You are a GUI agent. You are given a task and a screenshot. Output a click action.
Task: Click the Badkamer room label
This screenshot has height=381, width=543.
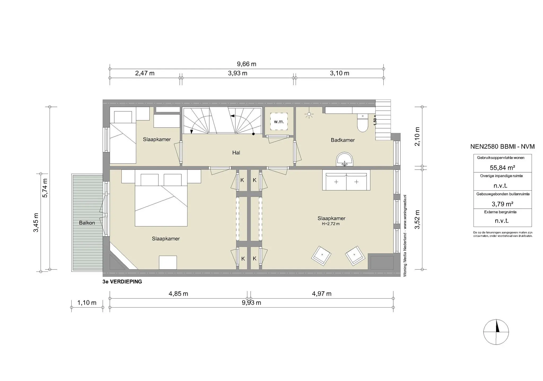coord(343,140)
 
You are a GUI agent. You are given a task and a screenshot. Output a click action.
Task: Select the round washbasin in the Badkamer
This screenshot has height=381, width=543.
coord(344,160)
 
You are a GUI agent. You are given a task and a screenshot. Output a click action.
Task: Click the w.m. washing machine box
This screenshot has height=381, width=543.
coord(279,121)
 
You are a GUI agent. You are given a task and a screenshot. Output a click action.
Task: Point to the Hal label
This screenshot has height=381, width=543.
coord(236,152)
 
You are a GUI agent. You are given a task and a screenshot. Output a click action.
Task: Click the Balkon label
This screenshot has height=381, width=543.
coord(87,223)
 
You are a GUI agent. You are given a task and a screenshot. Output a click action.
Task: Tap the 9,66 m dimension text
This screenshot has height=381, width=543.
coord(246,64)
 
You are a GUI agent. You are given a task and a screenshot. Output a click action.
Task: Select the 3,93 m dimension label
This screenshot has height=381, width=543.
coord(238,73)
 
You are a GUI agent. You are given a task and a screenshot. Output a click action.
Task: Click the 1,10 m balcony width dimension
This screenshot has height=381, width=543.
coord(87,303)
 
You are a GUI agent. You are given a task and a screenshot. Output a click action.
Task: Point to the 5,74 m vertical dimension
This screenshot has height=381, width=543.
coord(45,188)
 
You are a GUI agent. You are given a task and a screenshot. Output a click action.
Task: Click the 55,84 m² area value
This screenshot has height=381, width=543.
coord(502,168)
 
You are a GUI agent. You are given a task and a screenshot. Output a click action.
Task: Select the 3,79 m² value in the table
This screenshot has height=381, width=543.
coord(502,204)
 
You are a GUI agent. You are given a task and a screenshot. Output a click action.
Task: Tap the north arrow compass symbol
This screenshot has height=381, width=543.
coord(496,332)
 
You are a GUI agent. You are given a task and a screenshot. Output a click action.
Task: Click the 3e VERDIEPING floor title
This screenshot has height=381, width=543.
coord(122,282)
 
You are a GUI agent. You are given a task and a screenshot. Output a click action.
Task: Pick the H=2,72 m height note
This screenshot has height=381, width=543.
coord(331,224)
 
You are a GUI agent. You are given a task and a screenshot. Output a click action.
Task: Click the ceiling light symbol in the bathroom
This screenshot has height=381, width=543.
coord(309,115)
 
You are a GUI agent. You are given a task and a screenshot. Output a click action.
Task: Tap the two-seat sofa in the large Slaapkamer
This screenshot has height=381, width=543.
coord(346,180)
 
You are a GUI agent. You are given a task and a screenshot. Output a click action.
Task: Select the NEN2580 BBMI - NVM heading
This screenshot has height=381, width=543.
coord(502,146)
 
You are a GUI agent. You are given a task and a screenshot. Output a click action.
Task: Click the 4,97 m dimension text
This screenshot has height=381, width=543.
coord(321,294)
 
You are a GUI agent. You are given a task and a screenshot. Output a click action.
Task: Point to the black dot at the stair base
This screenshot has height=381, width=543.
coord(253,134)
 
